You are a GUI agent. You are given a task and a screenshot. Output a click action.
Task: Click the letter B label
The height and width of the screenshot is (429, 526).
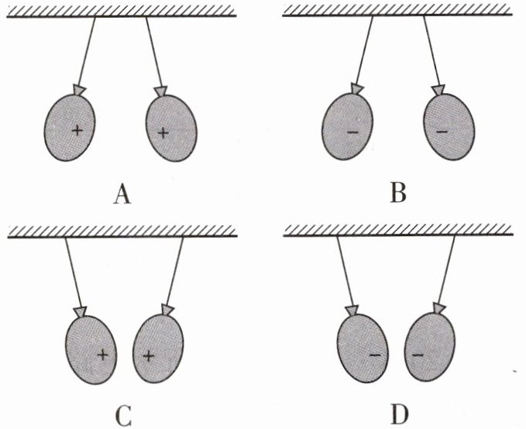tap(398, 190)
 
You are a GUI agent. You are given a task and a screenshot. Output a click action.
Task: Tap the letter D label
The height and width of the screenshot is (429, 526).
tap(398, 415)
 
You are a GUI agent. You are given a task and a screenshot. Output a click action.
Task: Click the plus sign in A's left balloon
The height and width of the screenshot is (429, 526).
tap(77, 131)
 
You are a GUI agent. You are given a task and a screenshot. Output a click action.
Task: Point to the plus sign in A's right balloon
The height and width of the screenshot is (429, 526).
tap(163, 132)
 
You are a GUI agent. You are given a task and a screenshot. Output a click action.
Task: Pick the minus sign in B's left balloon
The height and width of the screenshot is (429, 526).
tap(353, 132)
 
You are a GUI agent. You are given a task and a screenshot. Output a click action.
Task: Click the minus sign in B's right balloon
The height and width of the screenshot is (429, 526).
tap(442, 132)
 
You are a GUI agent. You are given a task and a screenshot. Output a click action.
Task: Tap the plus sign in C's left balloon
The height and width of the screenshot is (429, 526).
tap(102, 355)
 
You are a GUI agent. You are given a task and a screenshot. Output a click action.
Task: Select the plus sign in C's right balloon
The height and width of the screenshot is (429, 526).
tap(150, 356)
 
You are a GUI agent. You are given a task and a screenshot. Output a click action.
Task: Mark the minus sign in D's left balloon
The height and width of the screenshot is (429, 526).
tap(375, 355)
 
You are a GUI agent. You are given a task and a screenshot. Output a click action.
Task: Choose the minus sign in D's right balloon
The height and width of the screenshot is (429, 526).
tap(418, 355)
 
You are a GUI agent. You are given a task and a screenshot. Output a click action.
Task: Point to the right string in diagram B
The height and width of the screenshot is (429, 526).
tap(431, 51)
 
